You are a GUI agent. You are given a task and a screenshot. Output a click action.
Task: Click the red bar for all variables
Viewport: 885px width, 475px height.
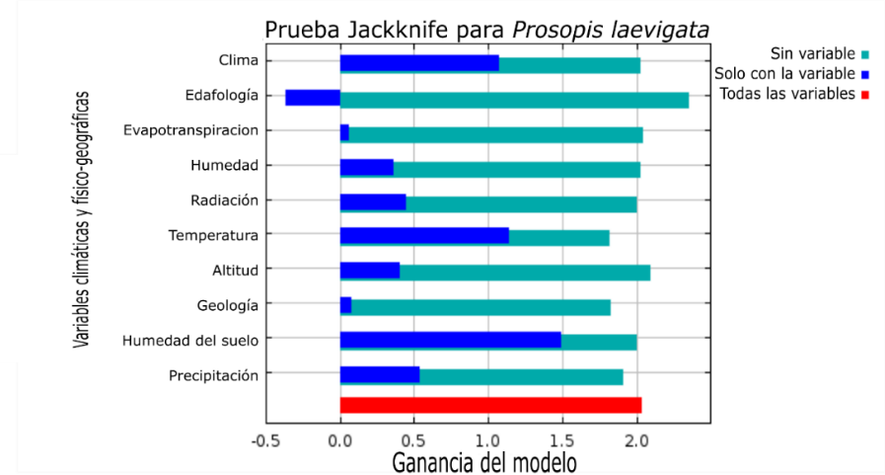pos(490,405)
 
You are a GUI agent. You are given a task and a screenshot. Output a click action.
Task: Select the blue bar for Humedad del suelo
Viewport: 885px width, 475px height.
pos(450,340)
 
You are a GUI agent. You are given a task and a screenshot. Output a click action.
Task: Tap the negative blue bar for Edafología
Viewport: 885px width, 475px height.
pos(313,98)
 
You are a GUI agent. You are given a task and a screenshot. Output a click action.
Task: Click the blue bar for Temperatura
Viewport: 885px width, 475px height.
pos(424,236)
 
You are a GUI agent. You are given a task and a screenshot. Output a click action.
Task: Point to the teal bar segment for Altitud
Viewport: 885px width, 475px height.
pos(525,271)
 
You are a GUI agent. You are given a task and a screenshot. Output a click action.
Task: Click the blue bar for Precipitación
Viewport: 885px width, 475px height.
pos(380,375)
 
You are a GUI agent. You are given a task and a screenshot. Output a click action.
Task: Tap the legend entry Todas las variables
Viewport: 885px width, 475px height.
pos(788,94)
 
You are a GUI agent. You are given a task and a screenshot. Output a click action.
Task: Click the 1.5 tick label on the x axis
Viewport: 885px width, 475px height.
pos(562,440)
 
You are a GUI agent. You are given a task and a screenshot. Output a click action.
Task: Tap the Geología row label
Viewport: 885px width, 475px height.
pos(228,305)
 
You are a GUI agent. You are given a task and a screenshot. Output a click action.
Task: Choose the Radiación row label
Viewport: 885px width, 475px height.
pos(224,200)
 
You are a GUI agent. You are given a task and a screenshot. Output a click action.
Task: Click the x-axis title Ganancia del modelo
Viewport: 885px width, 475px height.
pos(484,461)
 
